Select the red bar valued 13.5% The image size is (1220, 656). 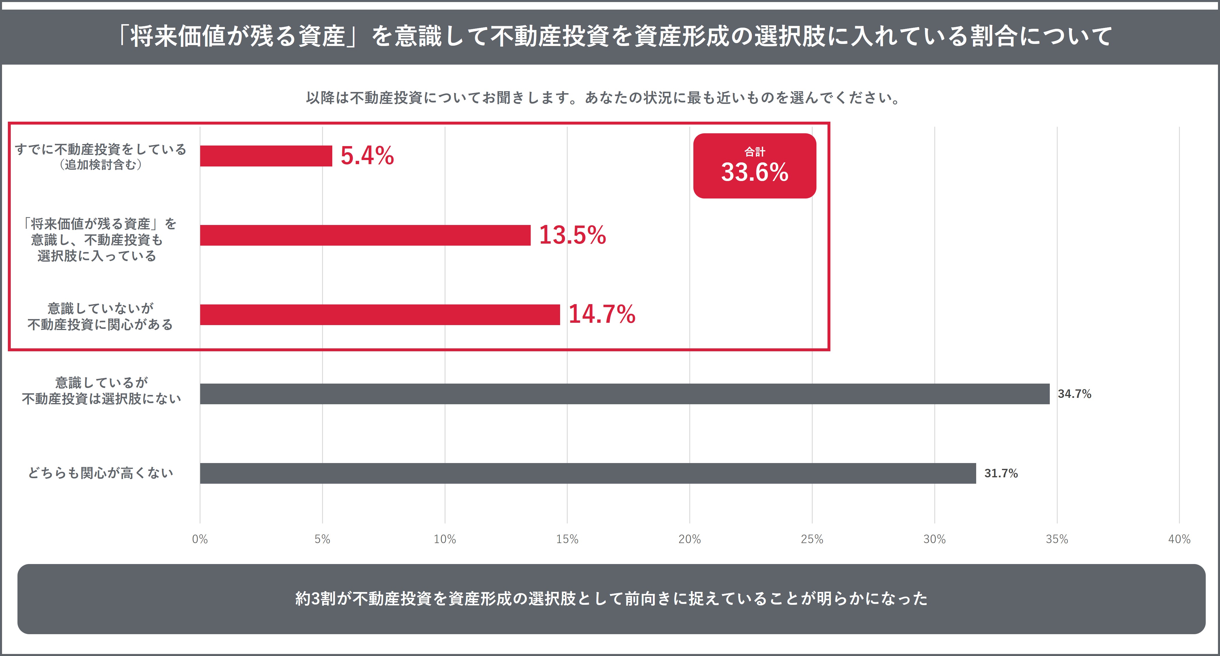[365, 235]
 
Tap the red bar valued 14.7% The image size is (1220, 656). [380, 315]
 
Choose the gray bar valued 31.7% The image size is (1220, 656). [588, 473]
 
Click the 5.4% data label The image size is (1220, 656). [367, 156]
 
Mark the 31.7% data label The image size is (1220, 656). [1001, 473]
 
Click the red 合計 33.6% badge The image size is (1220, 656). [754, 166]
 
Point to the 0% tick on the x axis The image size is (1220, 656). [200, 539]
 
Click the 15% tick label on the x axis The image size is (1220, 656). [567, 539]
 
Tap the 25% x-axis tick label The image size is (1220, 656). [812, 539]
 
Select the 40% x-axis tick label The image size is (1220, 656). [1179, 539]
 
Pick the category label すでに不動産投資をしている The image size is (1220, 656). [100, 150]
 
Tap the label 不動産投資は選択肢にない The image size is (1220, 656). [101, 399]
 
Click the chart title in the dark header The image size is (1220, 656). [614, 36]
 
